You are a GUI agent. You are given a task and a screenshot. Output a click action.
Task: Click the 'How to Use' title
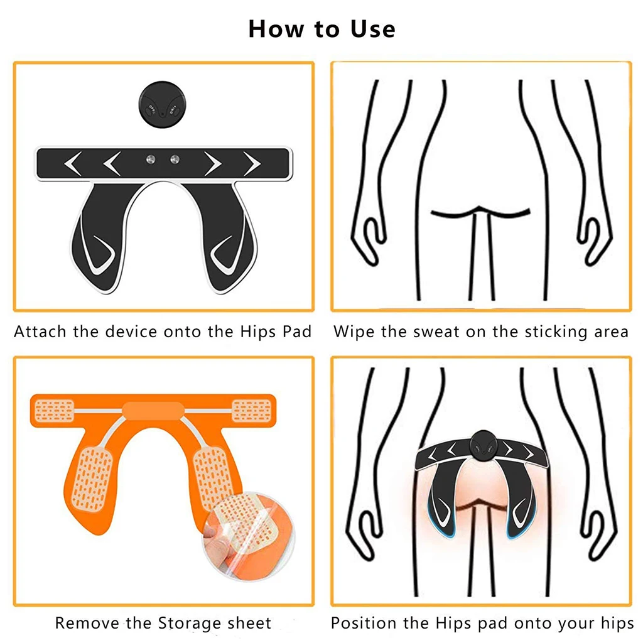(321, 29)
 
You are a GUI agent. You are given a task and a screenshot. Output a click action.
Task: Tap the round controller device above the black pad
(163, 109)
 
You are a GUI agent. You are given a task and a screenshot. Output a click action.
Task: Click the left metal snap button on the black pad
(150, 159)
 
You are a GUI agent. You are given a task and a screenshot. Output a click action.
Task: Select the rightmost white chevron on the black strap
(253, 164)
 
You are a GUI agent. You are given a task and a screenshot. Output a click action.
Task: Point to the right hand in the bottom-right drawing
(597, 526)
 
